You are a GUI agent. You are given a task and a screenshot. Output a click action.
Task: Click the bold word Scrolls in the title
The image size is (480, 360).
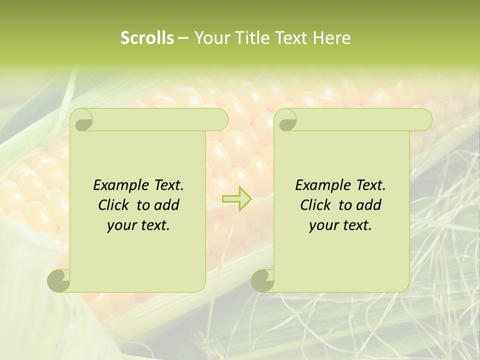147,38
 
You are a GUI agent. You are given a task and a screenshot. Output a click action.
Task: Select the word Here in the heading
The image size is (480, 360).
331,38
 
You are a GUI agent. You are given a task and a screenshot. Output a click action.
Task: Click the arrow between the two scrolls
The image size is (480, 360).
236,198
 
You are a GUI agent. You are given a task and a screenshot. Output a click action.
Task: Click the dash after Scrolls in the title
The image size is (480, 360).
183,38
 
